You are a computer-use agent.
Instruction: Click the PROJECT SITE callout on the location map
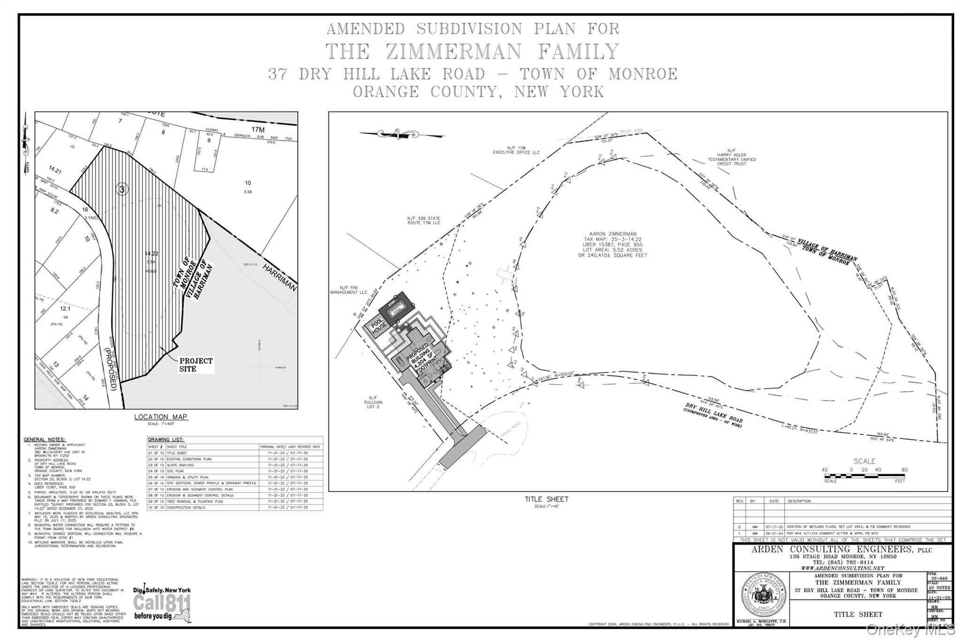click(196, 365)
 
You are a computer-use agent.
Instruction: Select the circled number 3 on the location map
click(122, 189)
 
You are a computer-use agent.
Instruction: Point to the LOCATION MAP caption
click(161, 417)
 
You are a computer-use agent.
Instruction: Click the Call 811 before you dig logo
click(162, 603)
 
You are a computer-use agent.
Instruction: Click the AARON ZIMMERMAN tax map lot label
click(612, 244)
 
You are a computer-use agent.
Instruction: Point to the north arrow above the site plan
click(401, 134)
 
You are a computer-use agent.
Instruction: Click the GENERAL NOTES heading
click(45, 439)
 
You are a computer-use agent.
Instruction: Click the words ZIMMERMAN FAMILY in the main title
click(502, 52)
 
